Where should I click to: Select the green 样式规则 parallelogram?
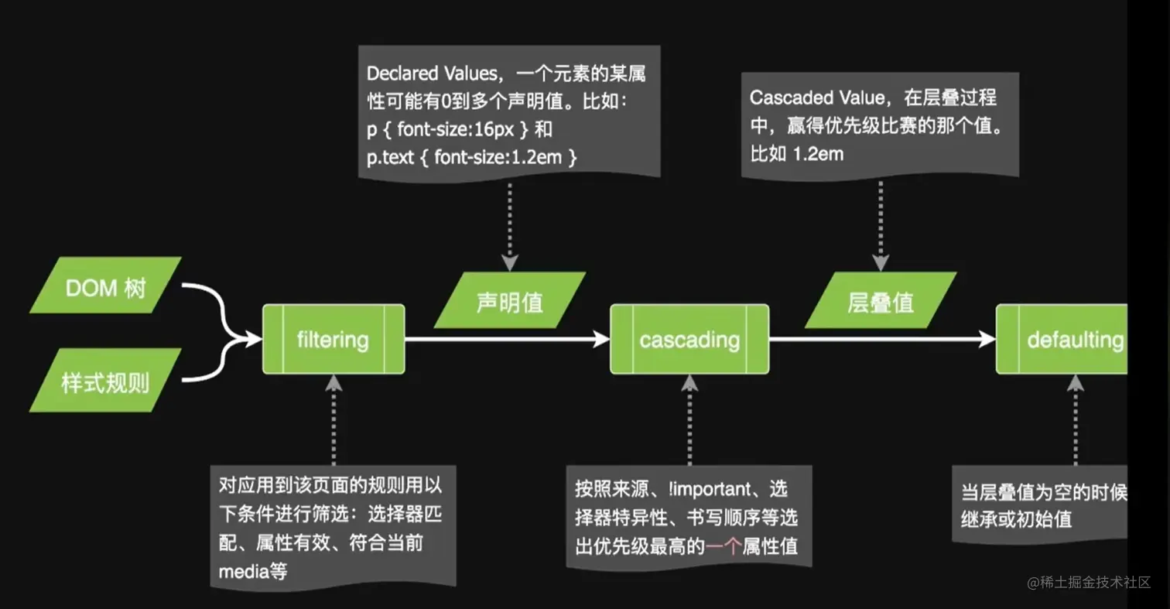pyautogui.click(x=105, y=380)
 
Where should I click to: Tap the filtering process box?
pyautogui.click(x=334, y=340)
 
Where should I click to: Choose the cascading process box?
pyautogui.click(x=689, y=340)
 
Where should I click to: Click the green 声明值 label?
pyautogui.click(x=508, y=301)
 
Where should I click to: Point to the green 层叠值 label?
pyautogui.click(x=880, y=301)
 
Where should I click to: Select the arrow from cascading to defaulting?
pyautogui.click(x=882, y=339)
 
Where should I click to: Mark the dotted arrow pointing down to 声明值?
pyautogui.click(x=508, y=224)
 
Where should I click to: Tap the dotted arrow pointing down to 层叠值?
pyautogui.click(x=880, y=224)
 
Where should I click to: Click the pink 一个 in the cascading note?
pyautogui.click(x=722, y=547)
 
